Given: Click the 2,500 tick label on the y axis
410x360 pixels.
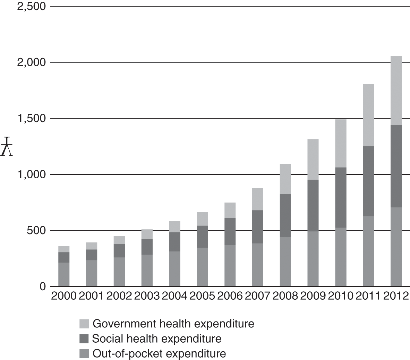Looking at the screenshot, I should tap(31, 6).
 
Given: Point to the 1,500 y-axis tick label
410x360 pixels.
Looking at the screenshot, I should tap(31, 118).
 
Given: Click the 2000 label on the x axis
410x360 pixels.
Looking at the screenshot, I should tap(64, 296).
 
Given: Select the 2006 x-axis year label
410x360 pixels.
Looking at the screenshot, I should tap(230, 296).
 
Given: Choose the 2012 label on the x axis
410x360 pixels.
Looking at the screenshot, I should tap(396, 296).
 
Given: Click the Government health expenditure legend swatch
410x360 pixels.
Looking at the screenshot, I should tap(84, 324).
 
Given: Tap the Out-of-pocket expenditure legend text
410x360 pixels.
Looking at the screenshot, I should tap(159, 354).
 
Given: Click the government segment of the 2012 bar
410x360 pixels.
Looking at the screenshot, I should tap(396, 91).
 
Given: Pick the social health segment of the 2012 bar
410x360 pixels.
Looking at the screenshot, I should tap(396, 166).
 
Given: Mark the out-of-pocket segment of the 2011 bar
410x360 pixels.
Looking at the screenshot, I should tap(368, 251).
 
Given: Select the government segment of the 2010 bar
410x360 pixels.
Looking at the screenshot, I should tap(341, 143).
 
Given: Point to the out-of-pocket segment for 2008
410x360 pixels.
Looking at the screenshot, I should tap(285, 262).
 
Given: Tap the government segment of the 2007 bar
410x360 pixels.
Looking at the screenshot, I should tap(258, 199).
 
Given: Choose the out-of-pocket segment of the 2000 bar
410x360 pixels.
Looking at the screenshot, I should tap(64, 274).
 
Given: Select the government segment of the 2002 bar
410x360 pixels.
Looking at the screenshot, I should tap(119, 240).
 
